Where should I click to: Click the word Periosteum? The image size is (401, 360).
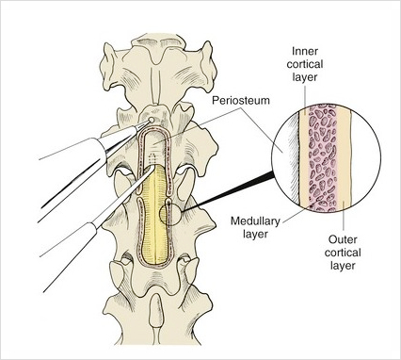click(x=241, y=101)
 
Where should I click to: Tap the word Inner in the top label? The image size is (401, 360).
click(x=305, y=51)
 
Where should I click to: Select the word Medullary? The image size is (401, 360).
click(x=255, y=221)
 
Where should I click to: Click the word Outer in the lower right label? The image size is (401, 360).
click(x=343, y=239)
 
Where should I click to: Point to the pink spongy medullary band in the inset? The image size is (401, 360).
click(x=323, y=157)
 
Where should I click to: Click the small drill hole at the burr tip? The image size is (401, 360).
click(x=152, y=120)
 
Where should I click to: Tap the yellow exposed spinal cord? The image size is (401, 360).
click(x=154, y=214)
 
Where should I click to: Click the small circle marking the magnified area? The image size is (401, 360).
click(x=170, y=215)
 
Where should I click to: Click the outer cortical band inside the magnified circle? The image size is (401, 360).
click(x=344, y=157)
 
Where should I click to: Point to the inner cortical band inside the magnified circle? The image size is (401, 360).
click(x=304, y=157)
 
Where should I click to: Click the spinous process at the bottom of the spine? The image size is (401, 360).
click(x=155, y=311)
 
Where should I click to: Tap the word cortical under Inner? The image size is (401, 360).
click(x=305, y=64)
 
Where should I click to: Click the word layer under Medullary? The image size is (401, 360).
click(x=255, y=234)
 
